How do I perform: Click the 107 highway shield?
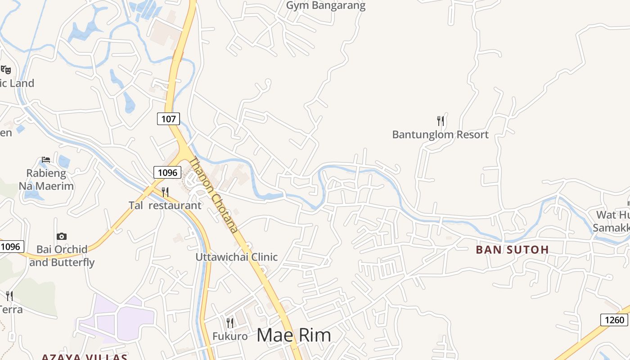pos(169,119)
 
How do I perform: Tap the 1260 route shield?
pos(614,320)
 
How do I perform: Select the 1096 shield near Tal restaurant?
pos(167,172)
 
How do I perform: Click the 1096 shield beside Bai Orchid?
pos(10,247)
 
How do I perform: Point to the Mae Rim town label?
pos(294,335)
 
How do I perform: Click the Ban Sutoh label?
pos(513,249)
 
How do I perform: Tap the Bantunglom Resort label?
pos(440,135)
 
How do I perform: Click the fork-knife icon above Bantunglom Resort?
pos(441,121)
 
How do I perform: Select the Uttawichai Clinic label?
pos(236,257)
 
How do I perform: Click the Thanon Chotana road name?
pos(213,194)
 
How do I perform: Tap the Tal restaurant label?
pos(165,205)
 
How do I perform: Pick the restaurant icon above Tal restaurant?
pos(165,192)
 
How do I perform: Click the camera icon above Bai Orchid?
pos(62,236)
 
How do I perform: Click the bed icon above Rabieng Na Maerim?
pos(46,159)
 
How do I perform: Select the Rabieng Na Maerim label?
pos(46,180)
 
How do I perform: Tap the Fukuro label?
pos(230,336)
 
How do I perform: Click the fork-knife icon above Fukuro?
pos(230,323)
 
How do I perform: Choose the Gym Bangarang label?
pos(326,6)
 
